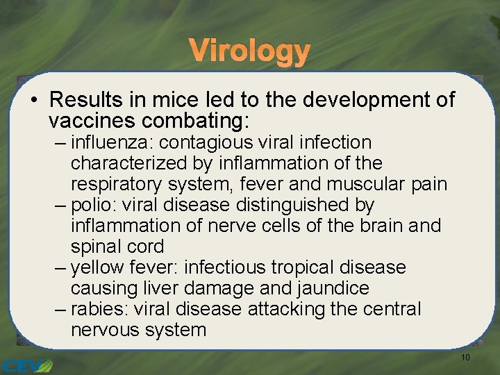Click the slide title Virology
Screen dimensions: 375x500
point(249,51)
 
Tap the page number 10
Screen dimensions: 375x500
point(465,358)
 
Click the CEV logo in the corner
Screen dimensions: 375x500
point(26,365)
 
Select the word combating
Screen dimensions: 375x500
point(194,121)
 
